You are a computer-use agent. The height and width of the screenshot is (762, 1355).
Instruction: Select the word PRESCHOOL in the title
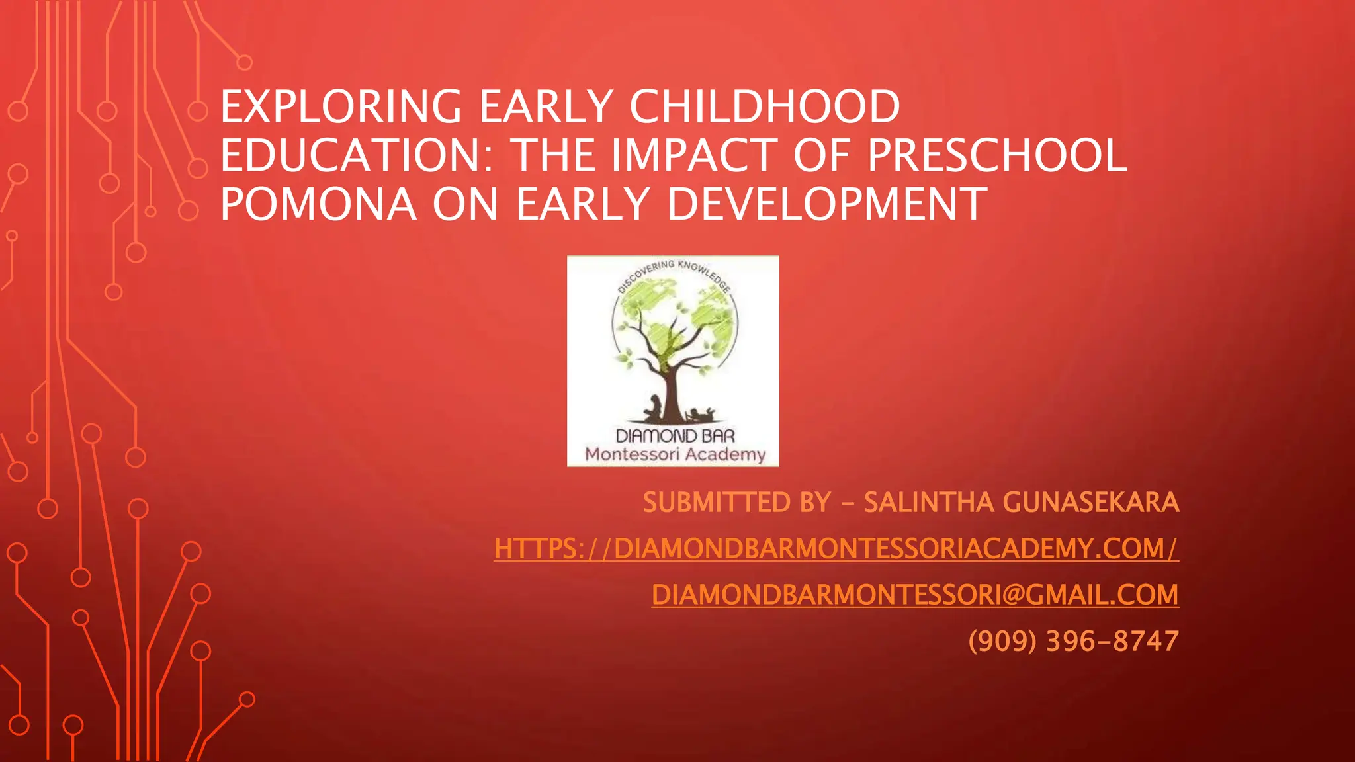tap(997, 155)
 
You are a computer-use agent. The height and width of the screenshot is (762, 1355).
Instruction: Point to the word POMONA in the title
tap(318, 204)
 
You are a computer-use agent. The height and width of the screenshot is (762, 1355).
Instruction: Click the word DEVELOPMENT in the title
tap(827, 204)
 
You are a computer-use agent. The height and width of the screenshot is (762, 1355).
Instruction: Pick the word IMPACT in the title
tap(694, 155)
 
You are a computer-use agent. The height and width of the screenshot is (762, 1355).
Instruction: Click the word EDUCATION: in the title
tap(357, 155)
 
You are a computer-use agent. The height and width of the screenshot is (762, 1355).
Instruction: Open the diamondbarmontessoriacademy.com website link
tap(836, 548)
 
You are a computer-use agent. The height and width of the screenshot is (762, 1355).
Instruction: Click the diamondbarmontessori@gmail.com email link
tap(915, 595)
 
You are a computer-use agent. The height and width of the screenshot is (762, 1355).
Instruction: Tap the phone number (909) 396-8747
tap(1073, 641)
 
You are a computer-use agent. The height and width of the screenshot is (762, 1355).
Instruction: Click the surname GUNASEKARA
tap(1091, 503)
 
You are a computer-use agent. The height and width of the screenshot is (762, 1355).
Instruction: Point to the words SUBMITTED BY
tap(736, 503)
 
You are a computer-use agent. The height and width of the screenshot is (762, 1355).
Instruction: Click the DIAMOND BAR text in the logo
tap(675, 436)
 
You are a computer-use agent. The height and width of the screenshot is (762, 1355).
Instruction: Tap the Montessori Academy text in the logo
tap(675, 454)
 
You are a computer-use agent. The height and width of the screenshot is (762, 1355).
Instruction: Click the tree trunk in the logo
tap(671, 390)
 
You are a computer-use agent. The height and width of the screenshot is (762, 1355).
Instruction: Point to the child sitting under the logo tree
tap(654, 407)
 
